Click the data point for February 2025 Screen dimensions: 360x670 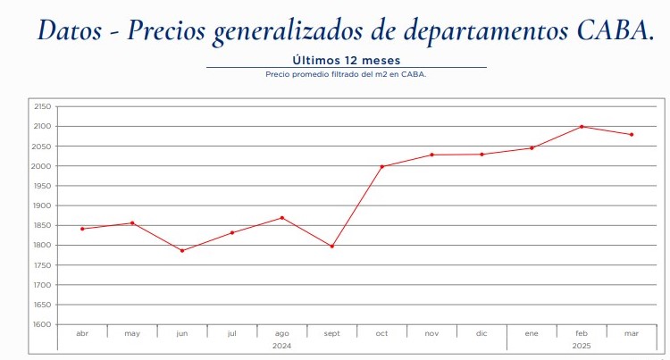pyautogui.click(x=582, y=127)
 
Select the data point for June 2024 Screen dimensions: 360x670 pyautogui.click(x=182, y=250)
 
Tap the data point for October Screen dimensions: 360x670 pyautogui.click(x=381, y=166)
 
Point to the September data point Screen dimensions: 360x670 pyautogui.click(x=332, y=247)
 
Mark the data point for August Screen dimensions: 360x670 pyautogui.click(x=282, y=218)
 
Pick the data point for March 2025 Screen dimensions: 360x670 pyautogui.click(x=632, y=135)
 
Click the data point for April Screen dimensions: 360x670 pyautogui.click(x=82, y=229)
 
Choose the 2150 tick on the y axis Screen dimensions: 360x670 pyautogui.click(x=41, y=106)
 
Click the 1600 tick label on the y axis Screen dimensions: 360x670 pyautogui.click(x=41, y=325)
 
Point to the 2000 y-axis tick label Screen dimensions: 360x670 pyautogui.click(x=41, y=166)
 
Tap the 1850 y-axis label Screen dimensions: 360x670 pyautogui.click(x=41, y=226)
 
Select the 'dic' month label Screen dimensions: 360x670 pyautogui.click(x=482, y=333)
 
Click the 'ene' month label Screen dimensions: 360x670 pyautogui.click(x=532, y=333)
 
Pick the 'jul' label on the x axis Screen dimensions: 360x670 pyautogui.click(x=232, y=333)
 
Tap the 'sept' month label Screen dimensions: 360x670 pyautogui.click(x=332, y=333)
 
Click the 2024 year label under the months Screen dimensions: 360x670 pyautogui.click(x=281, y=345)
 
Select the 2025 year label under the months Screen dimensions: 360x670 pyautogui.click(x=582, y=345)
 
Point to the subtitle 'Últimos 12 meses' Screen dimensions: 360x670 pyautogui.click(x=346, y=60)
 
